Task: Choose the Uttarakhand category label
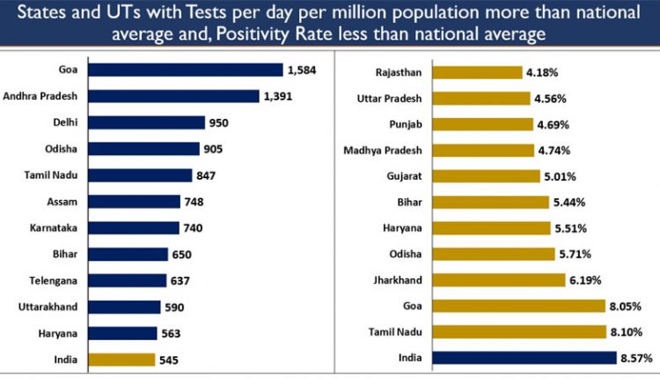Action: coord(52,307)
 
